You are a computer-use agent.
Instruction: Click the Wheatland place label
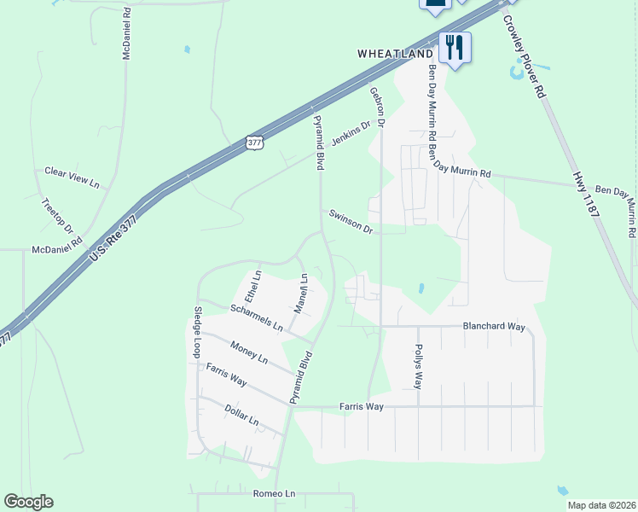tap(395, 54)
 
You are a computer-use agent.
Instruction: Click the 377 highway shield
tap(254, 143)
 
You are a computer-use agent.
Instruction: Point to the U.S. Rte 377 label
tap(111, 231)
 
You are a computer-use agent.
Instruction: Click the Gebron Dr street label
tap(377, 107)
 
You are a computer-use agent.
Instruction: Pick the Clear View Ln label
tap(72, 177)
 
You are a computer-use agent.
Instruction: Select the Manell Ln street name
tap(301, 292)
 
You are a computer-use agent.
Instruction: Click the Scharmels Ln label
tap(256, 315)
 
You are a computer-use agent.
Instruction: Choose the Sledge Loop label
tap(197, 331)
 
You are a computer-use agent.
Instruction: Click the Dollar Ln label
tap(241, 416)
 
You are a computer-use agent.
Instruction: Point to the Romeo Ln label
tap(273, 494)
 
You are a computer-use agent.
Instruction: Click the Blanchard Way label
tap(492, 326)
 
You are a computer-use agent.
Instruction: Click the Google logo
tap(28, 502)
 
